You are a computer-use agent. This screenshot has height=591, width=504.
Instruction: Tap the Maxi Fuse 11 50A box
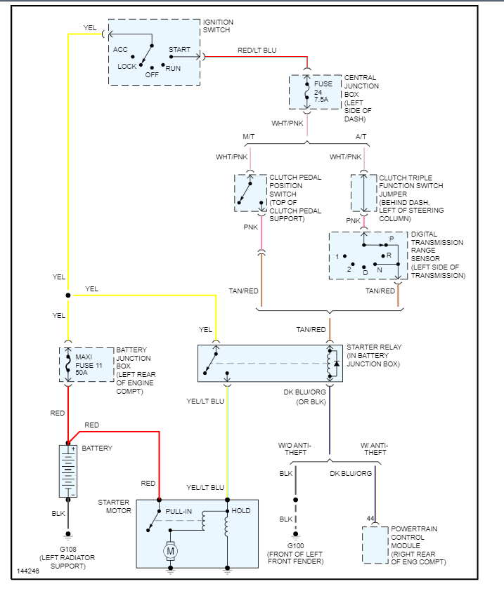pyautogui.click(x=86, y=364)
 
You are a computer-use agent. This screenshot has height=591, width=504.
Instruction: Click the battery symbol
pyautogui.click(x=68, y=471)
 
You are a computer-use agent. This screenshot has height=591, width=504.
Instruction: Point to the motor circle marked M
pyautogui.click(x=170, y=552)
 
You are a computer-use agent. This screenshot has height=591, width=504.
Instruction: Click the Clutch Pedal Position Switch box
pyautogui.click(x=249, y=192)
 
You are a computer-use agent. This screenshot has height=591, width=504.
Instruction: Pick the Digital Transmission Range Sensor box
pyautogui.click(x=368, y=255)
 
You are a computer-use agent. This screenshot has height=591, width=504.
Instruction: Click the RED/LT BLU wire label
pyautogui.click(x=257, y=51)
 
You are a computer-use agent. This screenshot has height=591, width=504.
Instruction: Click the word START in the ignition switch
pyautogui.click(x=180, y=50)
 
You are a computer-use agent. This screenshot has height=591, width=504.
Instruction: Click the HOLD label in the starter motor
pyautogui.click(x=240, y=510)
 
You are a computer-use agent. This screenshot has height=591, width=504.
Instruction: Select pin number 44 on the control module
pyautogui.click(x=370, y=518)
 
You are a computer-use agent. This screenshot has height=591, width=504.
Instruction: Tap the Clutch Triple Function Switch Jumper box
pyautogui.click(x=363, y=192)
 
